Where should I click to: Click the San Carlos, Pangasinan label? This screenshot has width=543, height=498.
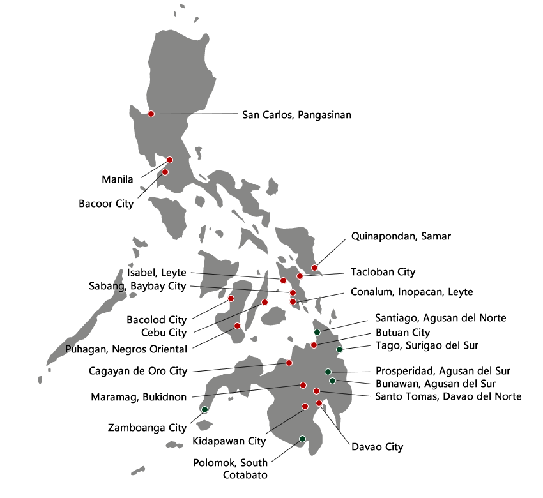(x=297, y=115)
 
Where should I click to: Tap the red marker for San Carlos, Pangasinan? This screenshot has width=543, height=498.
(x=151, y=114)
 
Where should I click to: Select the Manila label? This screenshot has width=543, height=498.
(x=118, y=179)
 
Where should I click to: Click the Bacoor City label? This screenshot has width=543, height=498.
(x=107, y=204)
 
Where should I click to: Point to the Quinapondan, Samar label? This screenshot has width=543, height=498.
(x=401, y=237)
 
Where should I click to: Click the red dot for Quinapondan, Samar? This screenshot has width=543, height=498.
(x=314, y=268)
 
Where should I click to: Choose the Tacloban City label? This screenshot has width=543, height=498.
(x=383, y=273)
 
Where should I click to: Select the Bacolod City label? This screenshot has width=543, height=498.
(x=157, y=319)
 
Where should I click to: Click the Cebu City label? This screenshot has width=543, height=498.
(x=164, y=333)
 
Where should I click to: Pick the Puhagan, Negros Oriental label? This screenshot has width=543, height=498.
(x=126, y=349)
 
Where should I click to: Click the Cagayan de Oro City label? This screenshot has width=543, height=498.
(x=139, y=371)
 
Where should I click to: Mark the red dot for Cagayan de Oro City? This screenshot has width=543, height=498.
(x=289, y=363)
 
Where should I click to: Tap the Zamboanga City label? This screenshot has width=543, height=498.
(x=148, y=428)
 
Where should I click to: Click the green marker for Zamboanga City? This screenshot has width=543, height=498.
(x=204, y=409)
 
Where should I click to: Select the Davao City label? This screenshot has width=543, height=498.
(x=378, y=448)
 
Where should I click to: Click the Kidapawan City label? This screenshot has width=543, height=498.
(x=229, y=441)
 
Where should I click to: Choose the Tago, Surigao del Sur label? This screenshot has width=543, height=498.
(x=427, y=346)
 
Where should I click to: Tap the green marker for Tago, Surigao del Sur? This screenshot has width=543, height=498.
(x=339, y=349)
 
